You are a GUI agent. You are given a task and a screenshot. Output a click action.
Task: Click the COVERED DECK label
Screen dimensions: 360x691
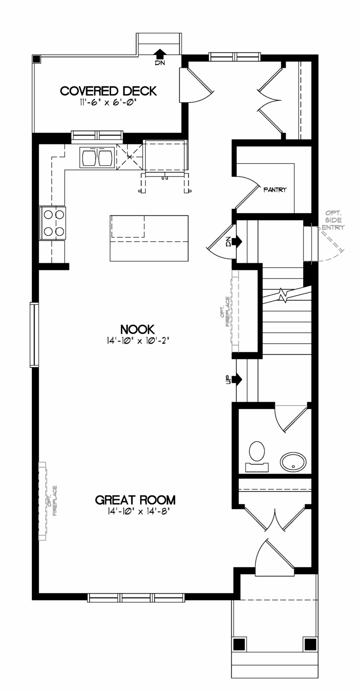click(x=108, y=91)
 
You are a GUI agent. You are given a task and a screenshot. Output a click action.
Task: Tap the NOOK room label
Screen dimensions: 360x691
click(x=138, y=329)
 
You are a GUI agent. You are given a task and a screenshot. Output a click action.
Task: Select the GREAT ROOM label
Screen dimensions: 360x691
click(x=135, y=500)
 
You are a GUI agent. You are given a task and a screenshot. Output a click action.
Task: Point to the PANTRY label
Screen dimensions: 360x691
click(x=275, y=190)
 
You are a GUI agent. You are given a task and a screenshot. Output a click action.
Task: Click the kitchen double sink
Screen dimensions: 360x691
click(x=96, y=157)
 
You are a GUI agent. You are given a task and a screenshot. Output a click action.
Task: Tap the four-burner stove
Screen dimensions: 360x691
click(x=53, y=223)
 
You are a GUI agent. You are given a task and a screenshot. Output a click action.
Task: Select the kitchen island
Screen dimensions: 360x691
click(x=149, y=238)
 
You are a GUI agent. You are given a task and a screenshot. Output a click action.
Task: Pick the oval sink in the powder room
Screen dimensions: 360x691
click(x=294, y=462)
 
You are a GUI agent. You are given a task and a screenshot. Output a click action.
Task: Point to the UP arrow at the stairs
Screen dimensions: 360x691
click(x=237, y=379)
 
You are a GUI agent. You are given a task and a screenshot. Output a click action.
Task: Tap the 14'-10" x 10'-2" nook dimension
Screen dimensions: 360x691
click(x=138, y=341)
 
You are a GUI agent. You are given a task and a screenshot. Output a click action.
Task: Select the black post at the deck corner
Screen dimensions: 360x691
click(x=36, y=59)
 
